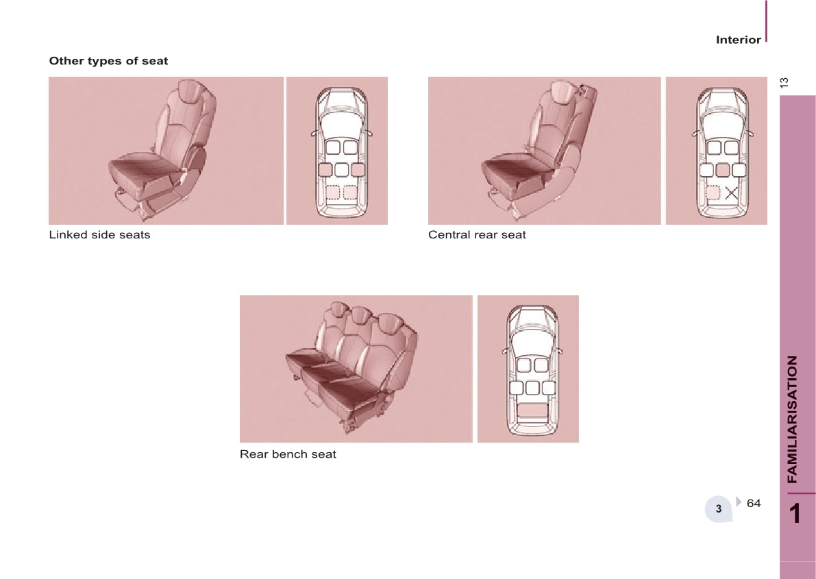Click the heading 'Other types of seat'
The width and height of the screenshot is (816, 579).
108,61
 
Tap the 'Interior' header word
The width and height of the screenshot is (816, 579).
738,40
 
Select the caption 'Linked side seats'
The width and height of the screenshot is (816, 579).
99,235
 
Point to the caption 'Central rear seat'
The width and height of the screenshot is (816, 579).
477,235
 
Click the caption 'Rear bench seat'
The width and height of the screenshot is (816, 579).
288,454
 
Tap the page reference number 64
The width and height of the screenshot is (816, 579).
754,503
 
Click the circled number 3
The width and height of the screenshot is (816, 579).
719,508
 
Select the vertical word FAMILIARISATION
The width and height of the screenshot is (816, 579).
792,419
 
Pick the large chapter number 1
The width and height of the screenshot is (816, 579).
795,513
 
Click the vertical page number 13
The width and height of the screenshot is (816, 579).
784,82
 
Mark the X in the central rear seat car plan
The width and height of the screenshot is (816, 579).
731,193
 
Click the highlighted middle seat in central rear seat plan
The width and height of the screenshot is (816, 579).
723,170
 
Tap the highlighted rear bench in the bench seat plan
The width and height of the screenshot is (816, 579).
532,409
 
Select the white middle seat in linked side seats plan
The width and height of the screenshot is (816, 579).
341,170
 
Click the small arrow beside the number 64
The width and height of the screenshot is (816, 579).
739,502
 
